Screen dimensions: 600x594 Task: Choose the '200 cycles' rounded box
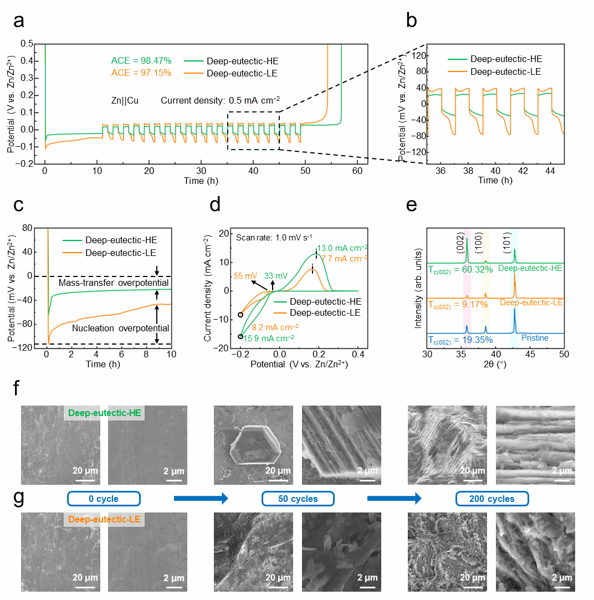tap(492, 499)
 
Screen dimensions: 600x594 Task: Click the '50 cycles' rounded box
tap(298, 499)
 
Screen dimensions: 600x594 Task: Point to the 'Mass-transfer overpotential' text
tap(114, 283)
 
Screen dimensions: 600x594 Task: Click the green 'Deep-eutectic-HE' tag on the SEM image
tap(105, 413)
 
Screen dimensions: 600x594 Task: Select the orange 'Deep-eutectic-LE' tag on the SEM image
tap(104, 520)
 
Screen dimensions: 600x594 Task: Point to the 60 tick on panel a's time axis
tap(356, 171)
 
